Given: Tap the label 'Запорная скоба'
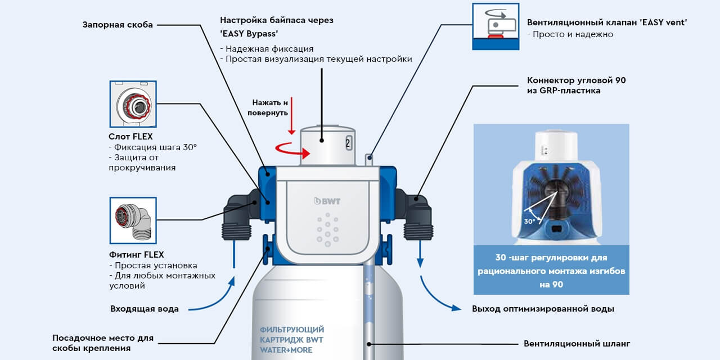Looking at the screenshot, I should coord(118,25).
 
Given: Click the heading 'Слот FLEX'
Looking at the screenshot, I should coord(130,137).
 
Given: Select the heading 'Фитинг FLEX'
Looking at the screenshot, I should coord(136,255).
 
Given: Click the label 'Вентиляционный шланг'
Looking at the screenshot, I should coord(577,343).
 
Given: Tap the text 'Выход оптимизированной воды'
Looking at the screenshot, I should coord(543,309).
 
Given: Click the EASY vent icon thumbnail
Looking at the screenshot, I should coord(495,26).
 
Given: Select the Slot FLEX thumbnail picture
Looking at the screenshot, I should coord(132,105).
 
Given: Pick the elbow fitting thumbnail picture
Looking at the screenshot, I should coord(132,220).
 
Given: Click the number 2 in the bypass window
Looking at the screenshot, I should coord(348,143).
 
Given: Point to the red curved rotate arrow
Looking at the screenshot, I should coord(290,150).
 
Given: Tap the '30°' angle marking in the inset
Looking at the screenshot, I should coord(529,221).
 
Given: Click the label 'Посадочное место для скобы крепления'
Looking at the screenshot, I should coord(102,343).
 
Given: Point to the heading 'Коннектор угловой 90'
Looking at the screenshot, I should coord(576,80).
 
